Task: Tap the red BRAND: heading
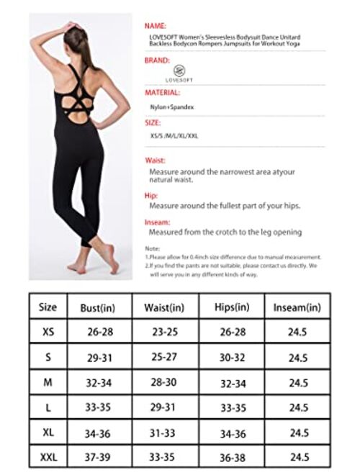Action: (x=156, y=60)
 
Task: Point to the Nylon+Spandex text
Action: (x=167, y=107)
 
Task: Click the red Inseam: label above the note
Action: (x=157, y=222)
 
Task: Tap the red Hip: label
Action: (x=151, y=195)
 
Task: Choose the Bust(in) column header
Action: (x=100, y=308)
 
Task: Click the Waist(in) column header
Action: (x=165, y=308)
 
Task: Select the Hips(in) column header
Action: (x=233, y=307)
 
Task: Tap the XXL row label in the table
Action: (x=48, y=457)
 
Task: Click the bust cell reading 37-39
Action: (x=100, y=457)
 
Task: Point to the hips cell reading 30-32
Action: (x=233, y=357)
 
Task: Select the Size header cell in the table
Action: (x=48, y=307)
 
